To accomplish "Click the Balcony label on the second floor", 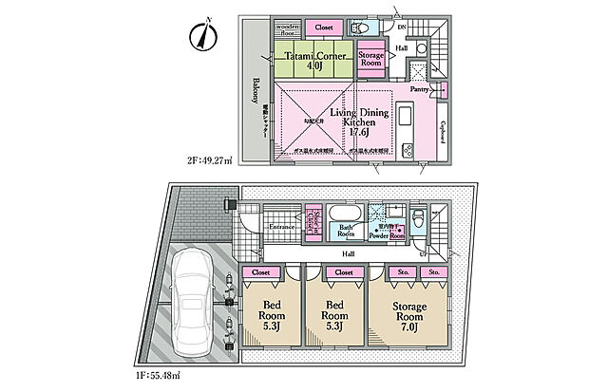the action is [256, 90].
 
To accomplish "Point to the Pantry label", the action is [419, 89].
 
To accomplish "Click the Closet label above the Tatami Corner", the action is [325, 28].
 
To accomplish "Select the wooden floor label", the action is [288, 29].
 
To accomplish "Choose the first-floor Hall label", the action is [349, 253].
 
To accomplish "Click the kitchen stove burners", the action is [408, 149].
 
